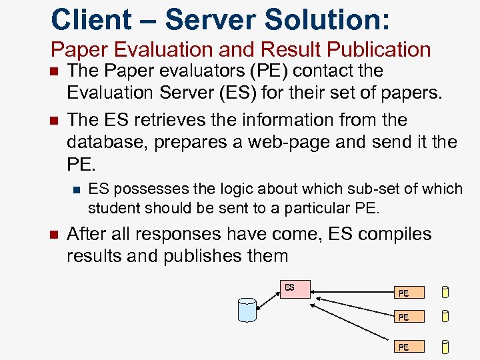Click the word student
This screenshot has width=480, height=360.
(111, 207)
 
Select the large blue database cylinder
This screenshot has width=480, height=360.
(247, 310)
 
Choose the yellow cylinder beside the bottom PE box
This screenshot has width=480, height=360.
(445, 347)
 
